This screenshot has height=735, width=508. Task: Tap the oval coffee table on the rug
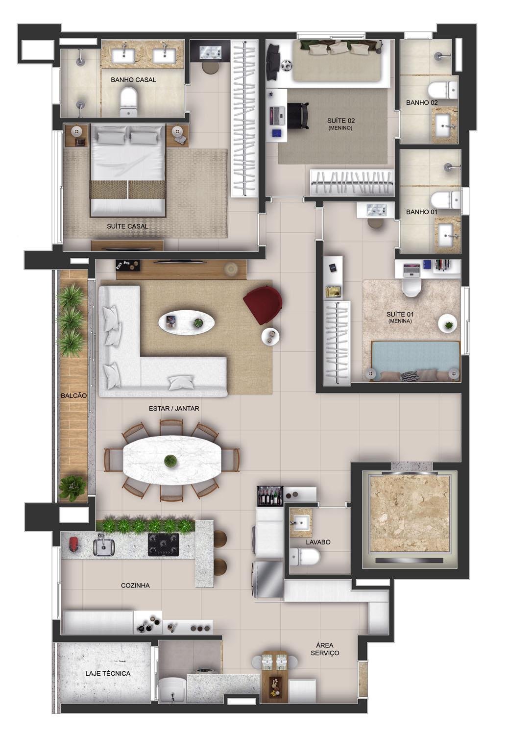187,322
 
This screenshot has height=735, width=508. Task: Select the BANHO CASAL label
133,80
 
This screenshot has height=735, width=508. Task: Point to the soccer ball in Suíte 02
286,65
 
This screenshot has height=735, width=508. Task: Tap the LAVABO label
318,542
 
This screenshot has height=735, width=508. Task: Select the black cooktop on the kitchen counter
163,544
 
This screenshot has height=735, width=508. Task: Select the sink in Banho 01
448,235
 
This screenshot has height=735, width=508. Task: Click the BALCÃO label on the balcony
74,396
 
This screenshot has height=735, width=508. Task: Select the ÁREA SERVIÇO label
325,649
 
